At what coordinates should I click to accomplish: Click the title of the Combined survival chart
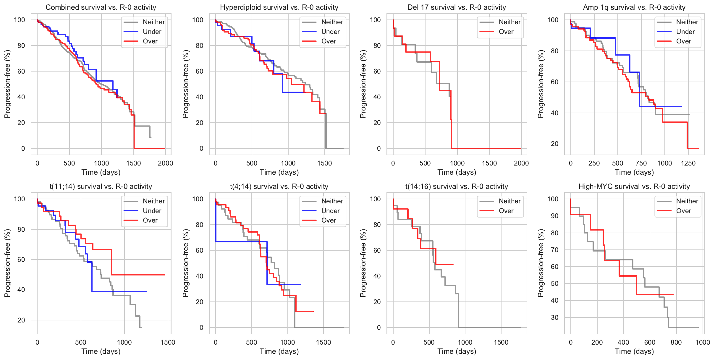coord(101,7)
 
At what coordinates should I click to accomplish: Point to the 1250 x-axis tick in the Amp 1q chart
coord(688,163)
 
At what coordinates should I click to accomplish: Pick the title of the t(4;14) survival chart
coord(279,187)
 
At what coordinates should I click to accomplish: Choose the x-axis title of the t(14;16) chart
coord(457,351)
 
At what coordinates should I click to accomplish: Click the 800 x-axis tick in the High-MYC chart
coord(676,342)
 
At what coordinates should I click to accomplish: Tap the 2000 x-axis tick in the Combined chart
coord(165,163)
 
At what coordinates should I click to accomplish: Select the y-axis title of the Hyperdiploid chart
coord(185,84)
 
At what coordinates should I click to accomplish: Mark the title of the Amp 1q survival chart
coord(634,7)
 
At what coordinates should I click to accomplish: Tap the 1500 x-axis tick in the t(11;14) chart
coord(168,342)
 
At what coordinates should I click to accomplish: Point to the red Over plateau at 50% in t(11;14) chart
coord(139,275)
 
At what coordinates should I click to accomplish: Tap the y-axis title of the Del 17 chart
coord(363,84)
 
